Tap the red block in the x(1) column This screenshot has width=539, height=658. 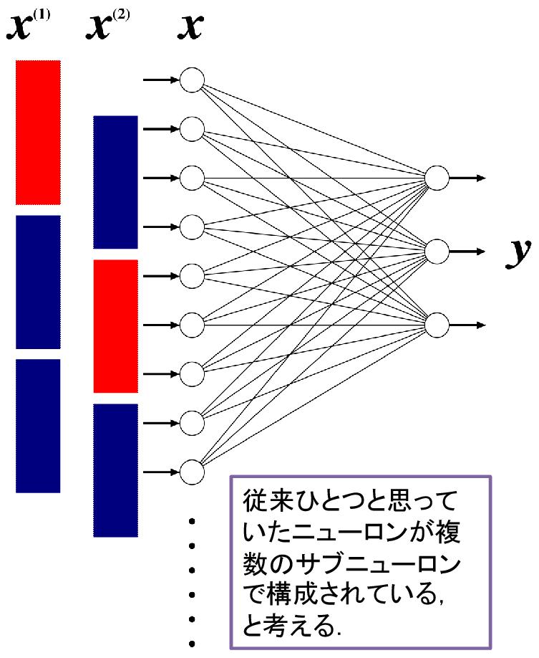click(38, 133)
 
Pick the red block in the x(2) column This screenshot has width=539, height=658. click(115, 326)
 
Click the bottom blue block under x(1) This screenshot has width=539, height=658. click(38, 425)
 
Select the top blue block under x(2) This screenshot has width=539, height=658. click(115, 182)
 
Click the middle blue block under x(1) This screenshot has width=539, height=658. click(38, 282)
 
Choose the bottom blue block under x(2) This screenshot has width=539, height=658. click(115, 469)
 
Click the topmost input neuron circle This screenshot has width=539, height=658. click(192, 80)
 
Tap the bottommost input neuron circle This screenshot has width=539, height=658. click(192, 472)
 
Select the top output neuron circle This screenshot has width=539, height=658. click(436, 178)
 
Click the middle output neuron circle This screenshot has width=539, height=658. click(436, 252)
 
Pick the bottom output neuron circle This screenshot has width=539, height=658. click(436, 325)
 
